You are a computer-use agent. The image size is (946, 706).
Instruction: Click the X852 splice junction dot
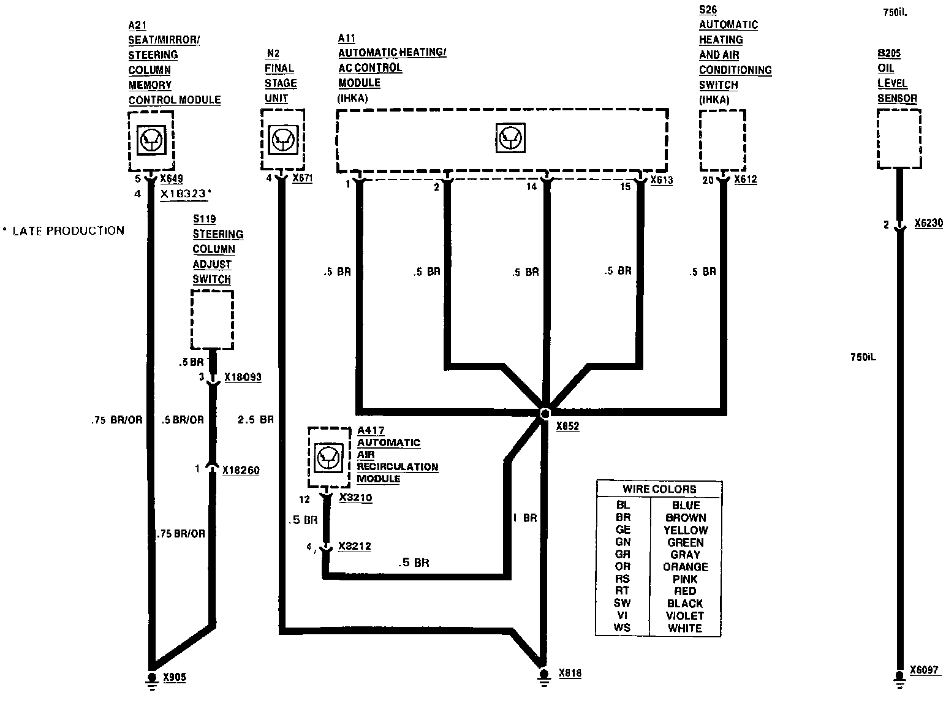point(545,414)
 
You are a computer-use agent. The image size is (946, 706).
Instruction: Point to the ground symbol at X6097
point(899,678)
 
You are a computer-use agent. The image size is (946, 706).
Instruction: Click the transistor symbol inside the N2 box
point(282,140)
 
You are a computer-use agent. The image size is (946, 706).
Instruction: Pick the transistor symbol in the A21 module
point(150,140)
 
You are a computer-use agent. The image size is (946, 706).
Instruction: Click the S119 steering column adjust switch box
point(212,319)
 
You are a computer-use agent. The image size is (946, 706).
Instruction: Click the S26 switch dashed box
point(723,140)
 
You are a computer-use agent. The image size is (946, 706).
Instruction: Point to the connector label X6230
point(928,224)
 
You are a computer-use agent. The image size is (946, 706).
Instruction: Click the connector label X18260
point(241,470)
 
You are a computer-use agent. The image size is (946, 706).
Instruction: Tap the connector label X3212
point(355,546)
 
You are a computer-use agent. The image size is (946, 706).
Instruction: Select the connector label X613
point(661,180)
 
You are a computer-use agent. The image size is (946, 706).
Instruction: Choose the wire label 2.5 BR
point(255,420)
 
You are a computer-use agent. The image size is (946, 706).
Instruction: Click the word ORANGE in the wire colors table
point(685,567)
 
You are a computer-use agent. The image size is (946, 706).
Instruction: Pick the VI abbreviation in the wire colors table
point(622,616)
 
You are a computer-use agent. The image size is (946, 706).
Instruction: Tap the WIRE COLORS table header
point(659,489)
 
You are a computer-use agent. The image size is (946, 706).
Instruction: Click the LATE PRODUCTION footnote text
point(68,231)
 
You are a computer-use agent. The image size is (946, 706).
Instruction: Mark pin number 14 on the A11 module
point(531,186)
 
